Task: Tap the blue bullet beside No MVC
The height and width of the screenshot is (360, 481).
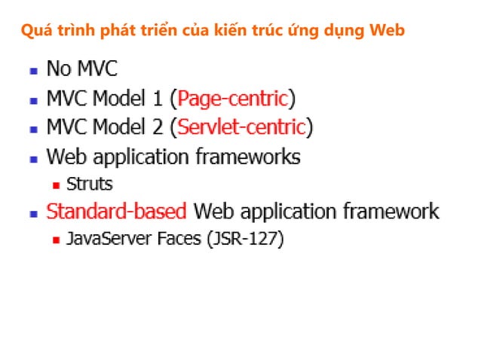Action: tap(33, 71)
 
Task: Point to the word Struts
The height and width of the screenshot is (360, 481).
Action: tap(89, 183)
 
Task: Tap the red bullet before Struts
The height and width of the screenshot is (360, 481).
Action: tap(56, 184)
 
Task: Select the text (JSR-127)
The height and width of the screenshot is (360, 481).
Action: tap(247, 239)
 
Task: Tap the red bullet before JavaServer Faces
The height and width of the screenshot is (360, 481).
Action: tap(56, 240)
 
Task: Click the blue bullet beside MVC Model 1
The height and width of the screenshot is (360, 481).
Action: tap(33, 99)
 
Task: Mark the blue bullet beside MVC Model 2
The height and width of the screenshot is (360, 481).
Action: tap(33, 128)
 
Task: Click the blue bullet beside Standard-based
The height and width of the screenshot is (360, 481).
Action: tap(33, 212)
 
